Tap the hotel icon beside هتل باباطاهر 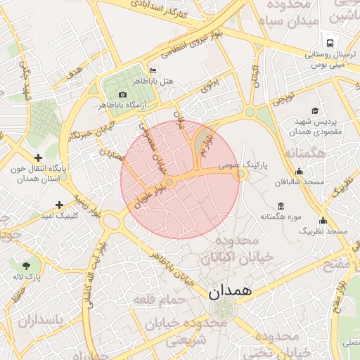(153, 71)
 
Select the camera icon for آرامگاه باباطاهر (123, 94)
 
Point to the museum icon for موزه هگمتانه (281, 206)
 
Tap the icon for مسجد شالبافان (300, 171)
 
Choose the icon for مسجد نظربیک (323, 220)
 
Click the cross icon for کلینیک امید (60, 205)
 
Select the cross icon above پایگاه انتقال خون (38, 157)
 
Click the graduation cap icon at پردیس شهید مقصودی (315, 110)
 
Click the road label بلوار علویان (152, 195)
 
